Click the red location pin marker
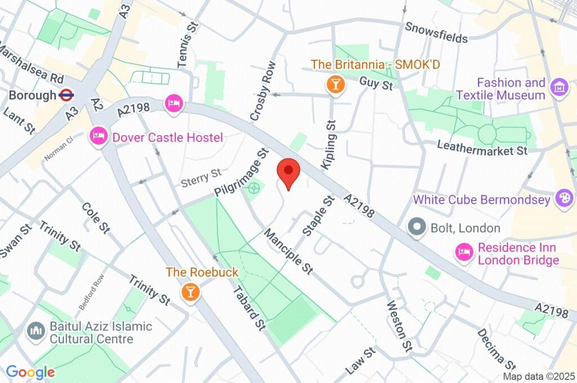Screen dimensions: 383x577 (289, 172)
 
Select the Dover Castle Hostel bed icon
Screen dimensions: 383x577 (99, 137)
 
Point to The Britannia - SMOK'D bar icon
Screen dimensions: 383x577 (335, 85)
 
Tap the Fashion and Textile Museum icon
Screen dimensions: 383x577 (559, 88)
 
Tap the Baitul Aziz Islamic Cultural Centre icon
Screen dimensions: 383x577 (36, 332)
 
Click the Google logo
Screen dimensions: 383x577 (30, 372)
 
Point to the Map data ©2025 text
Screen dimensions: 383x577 (538, 376)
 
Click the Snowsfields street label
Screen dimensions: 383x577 (436, 33)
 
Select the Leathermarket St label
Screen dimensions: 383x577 (482, 148)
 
